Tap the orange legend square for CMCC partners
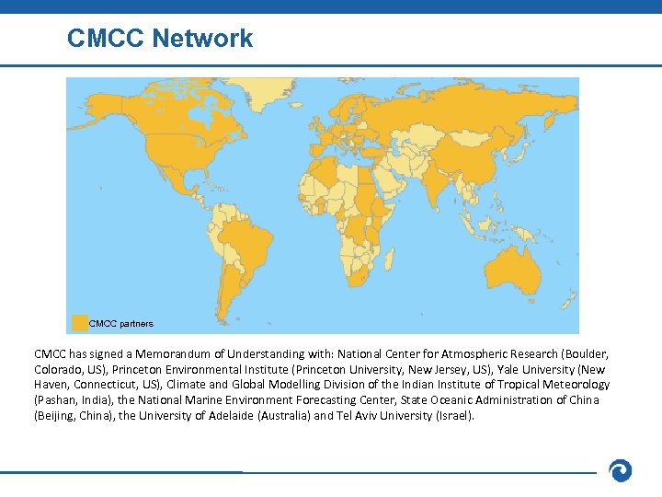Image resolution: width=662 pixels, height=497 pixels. pos(80,323)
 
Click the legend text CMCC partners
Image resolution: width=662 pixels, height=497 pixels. pos(121,324)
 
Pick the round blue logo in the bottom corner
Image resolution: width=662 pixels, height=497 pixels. pos(621,471)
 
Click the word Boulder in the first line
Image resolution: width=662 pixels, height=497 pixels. pos(585,353)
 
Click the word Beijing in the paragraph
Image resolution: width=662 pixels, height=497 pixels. pos(57,416)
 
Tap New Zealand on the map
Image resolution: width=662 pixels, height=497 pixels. pos(568,299)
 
